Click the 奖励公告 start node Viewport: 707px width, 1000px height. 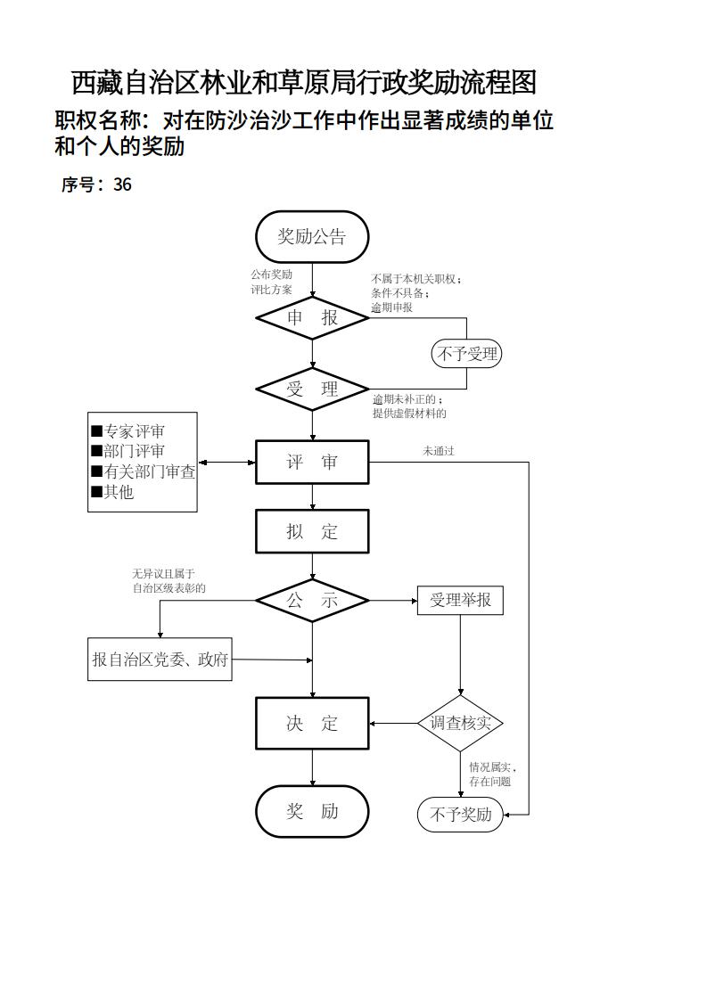coord(312,237)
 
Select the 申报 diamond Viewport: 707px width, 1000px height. coord(312,317)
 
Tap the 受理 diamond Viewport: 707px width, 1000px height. coord(312,389)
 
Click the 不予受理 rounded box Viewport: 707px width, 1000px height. coord(466,354)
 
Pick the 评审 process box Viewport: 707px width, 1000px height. coord(312,462)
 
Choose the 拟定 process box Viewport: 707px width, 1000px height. coord(312,531)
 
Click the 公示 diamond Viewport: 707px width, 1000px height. coord(312,600)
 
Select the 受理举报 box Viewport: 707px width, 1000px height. coord(460,600)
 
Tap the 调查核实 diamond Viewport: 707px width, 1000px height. coord(460,722)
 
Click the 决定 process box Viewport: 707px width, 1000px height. coord(312,723)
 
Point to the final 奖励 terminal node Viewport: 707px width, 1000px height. coord(312,811)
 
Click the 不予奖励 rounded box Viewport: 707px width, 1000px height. coord(460,815)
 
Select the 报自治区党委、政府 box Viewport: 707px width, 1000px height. coord(160,660)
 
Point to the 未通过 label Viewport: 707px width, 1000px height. coord(438,451)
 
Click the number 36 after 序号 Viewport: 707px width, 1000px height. coord(122,184)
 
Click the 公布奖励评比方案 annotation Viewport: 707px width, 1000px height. coord(271,282)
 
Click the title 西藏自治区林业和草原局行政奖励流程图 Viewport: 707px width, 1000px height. coord(303,83)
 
